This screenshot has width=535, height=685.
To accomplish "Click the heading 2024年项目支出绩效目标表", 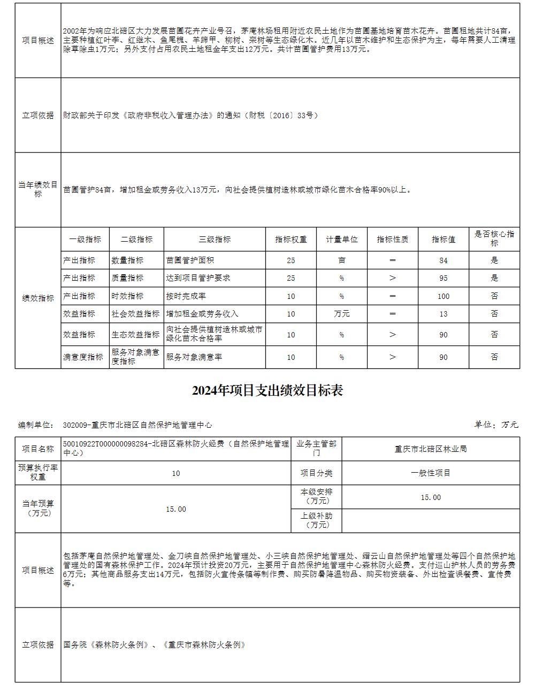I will click(x=267, y=391).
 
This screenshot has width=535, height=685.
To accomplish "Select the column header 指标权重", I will click(x=291, y=240).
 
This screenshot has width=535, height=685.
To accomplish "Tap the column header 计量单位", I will click(x=341, y=240).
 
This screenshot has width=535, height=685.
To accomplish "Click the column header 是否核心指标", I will click(x=494, y=238).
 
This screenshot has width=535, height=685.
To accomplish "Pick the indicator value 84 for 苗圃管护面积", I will click(x=443, y=260).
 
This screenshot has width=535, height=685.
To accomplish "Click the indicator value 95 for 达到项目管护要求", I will click(x=443, y=278).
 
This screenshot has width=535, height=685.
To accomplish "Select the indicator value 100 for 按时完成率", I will click(x=443, y=296).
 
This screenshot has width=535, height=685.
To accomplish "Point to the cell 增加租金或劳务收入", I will click(x=202, y=314).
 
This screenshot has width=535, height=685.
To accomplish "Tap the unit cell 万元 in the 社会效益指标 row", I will click(x=341, y=314).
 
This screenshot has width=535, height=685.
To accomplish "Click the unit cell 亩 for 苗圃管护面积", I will click(x=341, y=260).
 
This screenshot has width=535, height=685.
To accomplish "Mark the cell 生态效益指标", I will click(x=135, y=335).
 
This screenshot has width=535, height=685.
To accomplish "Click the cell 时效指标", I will click(x=127, y=296).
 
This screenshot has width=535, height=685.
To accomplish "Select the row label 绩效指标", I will click(x=38, y=298).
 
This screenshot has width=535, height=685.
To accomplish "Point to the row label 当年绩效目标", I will click(x=38, y=189).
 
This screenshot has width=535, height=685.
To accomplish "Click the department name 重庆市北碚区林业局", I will click(x=430, y=449).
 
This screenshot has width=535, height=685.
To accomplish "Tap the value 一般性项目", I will click(x=430, y=473).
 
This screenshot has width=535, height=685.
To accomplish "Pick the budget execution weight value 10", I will click(x=176, y=473).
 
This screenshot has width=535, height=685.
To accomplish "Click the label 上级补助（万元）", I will click(x=317, y=520).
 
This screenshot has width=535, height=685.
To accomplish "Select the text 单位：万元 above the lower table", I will click(x=496, y=425).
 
